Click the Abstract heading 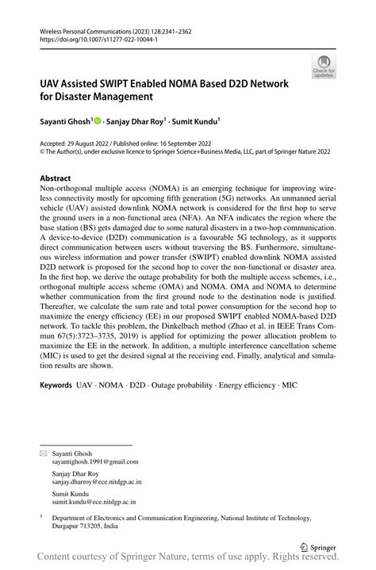[x=55, y=178]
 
